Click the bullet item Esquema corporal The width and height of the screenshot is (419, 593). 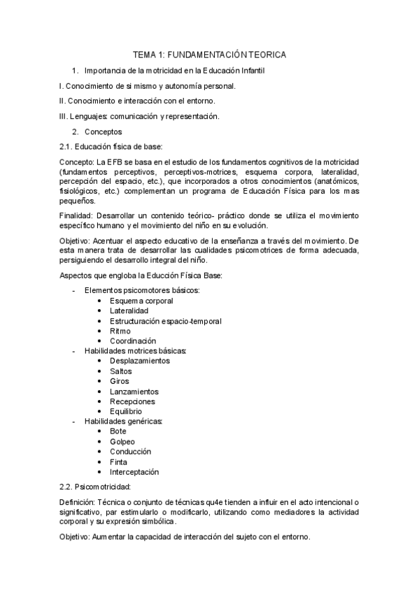pyautogui.click(x=141, y=300)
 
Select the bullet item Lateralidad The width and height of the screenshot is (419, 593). pyautogui.click(x=129, y=310)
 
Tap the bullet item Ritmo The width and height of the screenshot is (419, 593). pyautogui.click(x=120, y=331)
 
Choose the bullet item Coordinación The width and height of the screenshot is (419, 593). pyautogui.click(x=133, y=341)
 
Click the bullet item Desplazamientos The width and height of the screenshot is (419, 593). pyautogui.click(x=139, y=361)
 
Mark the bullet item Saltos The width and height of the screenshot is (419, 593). pyautogui.click(x=121, y=371)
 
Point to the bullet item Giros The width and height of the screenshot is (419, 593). pyautogui.click(x=120, y=381)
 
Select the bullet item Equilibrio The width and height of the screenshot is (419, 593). pyautogui.click(x=127, y=411)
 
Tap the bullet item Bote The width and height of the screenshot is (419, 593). pyautogui.click(x=118, y=431)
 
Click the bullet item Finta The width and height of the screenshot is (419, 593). pyautogui.click(x=119, y=462)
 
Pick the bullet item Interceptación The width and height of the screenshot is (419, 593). pyautogui.click(x=134, y=472)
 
